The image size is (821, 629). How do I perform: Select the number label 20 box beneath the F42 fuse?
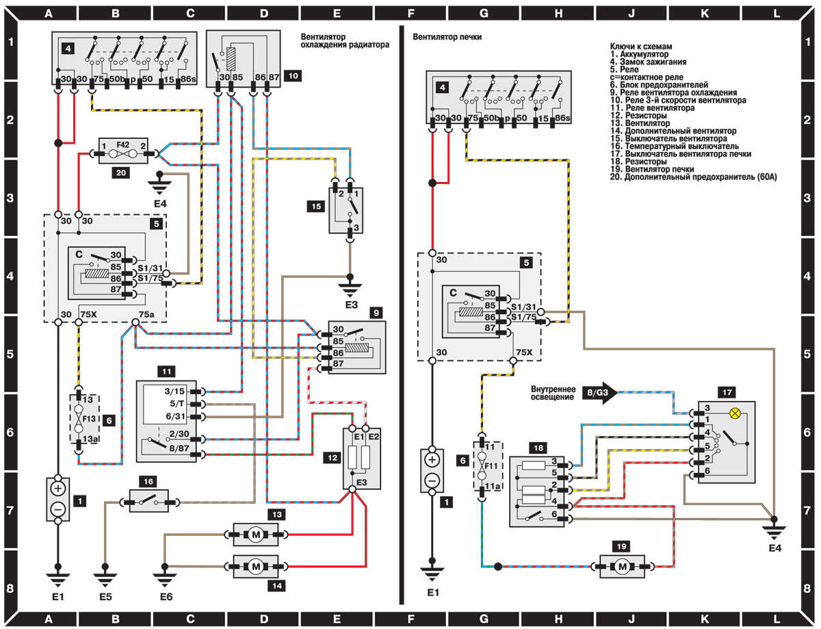[120, 173]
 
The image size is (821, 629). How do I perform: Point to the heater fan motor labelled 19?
[622, 567]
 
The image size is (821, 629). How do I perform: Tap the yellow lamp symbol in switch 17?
[735, 413]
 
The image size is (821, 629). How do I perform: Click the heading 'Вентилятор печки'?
[447, 37]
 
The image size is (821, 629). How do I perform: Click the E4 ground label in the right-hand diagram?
[774, 548]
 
